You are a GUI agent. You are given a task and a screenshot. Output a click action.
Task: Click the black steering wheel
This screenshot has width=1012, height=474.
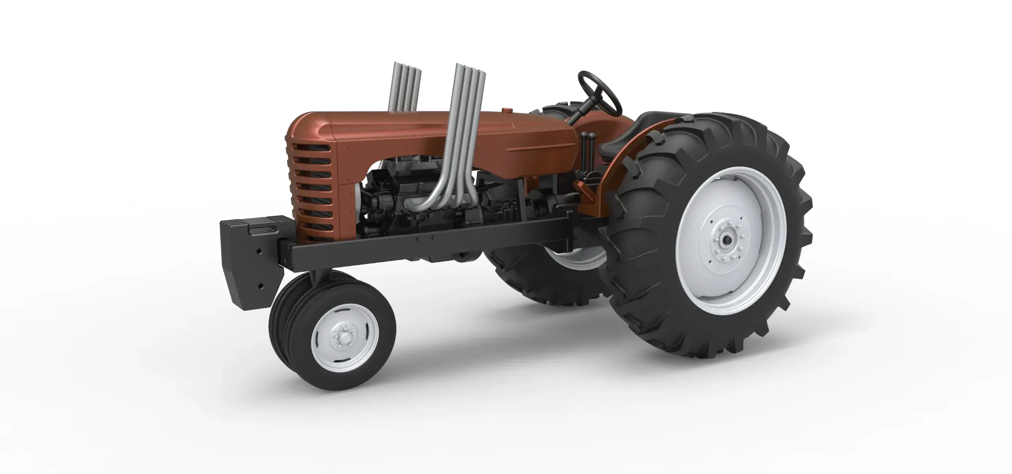(599, 91)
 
